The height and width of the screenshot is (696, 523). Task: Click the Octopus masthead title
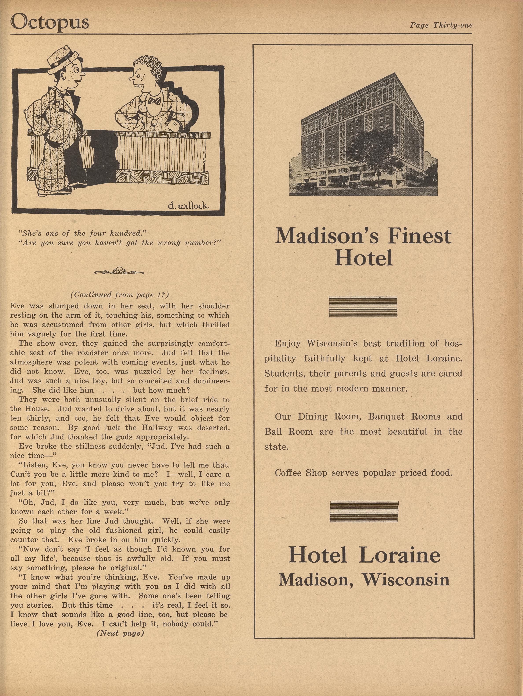point(50,22)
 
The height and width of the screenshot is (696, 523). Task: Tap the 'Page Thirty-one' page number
point(441,25)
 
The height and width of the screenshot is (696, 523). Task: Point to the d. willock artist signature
point(188,206)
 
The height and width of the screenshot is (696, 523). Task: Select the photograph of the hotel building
point(363,135)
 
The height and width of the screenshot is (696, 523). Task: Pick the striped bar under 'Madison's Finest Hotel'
point(363,306)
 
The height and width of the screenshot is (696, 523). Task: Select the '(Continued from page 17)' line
point(120,295)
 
